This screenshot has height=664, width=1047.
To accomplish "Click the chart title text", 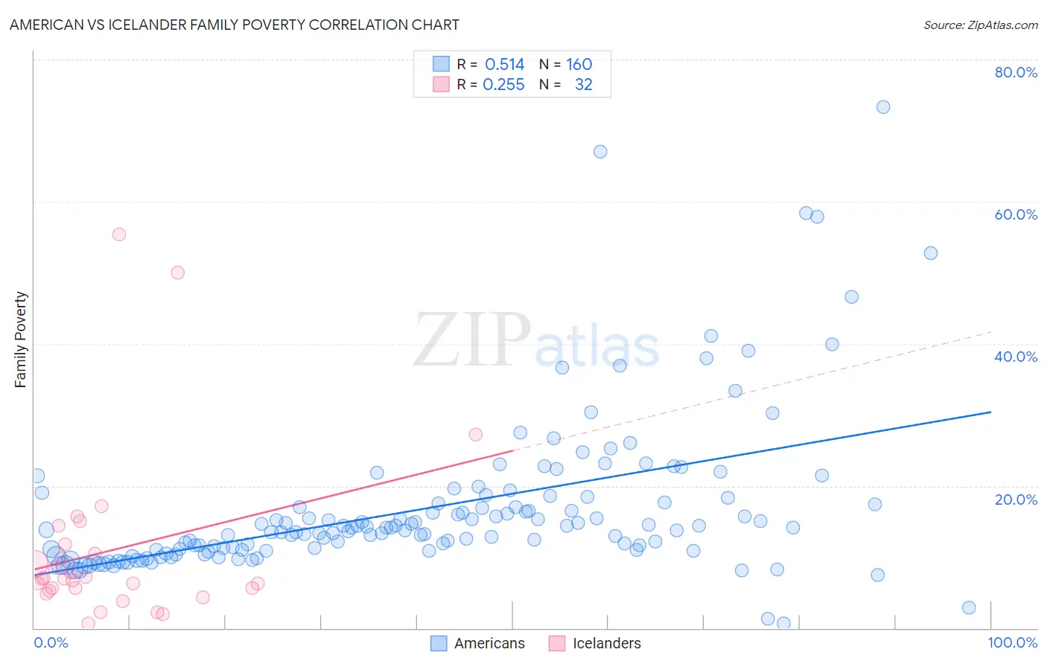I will (x=234, y=25).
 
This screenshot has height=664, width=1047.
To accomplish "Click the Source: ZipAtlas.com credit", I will (x=980, y=25).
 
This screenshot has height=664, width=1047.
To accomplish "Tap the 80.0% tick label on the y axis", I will (x=1016, y=72).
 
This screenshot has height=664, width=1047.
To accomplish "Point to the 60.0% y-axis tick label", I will (x=1016, y=214).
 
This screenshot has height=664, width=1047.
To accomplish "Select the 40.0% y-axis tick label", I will (x=1016, y=357).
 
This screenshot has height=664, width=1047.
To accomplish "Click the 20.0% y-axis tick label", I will (x=1016, y=499).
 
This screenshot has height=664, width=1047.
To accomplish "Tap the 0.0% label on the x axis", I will (x=51, y=642).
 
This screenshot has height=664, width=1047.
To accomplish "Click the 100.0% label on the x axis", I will (x=1012, y=642).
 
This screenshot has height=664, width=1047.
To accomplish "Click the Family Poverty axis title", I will (x=20, y=339).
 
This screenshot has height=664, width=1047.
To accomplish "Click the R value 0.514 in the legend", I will (x=504, y=65).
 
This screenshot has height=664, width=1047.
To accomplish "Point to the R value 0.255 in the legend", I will (x=503, y=85).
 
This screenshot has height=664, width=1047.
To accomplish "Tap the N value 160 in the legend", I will (x=579, y=65).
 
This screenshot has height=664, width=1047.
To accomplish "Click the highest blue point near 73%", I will (x=883, y=107).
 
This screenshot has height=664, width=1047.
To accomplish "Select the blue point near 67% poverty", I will (x=600, y=152).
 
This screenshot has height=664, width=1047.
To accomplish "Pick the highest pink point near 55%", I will (x=119, y=234).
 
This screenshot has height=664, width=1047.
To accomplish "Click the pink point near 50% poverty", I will (x=178, y=272).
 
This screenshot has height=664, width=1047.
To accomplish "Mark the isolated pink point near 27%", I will (x=476, y=434).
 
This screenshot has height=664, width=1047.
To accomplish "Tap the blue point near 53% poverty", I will (x=930, y=253).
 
